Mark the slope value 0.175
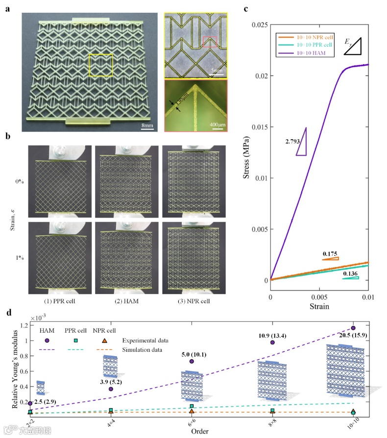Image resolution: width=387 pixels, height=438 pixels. (x=331, y=254)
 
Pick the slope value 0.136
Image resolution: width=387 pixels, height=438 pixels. (x=351, y=273)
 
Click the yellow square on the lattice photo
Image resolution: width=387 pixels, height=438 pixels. (x=101, y=65)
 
